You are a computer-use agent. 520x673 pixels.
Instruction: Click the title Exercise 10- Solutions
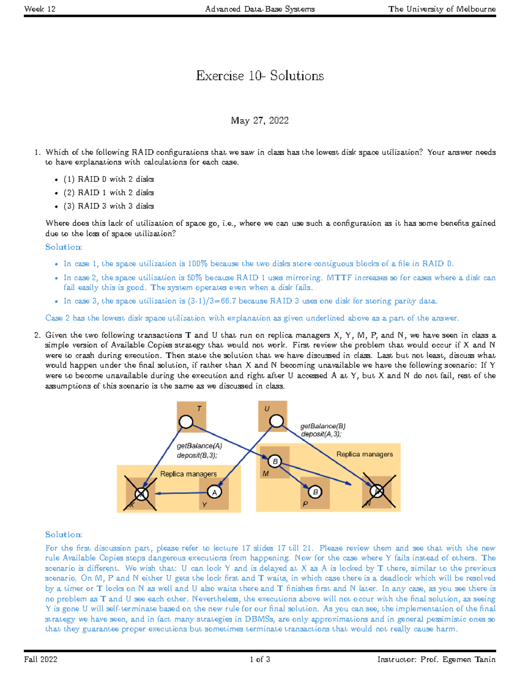tap(260, 76)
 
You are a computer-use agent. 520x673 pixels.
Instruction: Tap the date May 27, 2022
tap(260, 120)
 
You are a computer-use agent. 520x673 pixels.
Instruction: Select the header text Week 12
tap(40, 9)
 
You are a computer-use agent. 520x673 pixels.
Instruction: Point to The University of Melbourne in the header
tap(442, 9)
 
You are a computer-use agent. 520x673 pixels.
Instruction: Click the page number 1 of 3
tap(260, 660)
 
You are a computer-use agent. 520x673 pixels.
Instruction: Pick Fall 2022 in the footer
tap(41, 660)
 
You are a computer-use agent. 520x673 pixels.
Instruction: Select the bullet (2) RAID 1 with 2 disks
tap(108, 192)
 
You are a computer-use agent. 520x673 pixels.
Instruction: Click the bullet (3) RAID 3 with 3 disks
tap(108, 206)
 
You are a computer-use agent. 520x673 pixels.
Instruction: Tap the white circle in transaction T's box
tap(186, 422)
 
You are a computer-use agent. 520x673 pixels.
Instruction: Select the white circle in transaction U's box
tap(276, 420)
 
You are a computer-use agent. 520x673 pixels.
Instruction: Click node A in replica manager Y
tap(214, 492)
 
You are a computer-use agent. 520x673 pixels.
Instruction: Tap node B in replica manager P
tap(315, 492)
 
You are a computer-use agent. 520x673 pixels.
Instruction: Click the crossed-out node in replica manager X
tap(141, 494)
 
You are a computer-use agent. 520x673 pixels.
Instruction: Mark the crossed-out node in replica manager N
tap(377, 491)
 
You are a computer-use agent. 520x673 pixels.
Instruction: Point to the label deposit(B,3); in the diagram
tap(197, 455)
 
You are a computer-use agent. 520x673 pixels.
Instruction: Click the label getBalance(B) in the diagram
tap(322, 426)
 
